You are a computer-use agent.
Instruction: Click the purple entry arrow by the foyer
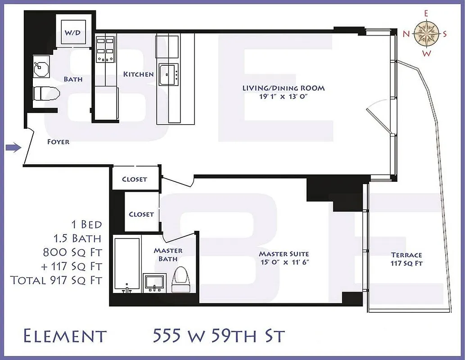[14, 147]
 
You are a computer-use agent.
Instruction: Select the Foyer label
[59, 142]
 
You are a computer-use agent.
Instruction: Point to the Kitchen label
[139, 74]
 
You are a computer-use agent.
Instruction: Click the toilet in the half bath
[46, 94]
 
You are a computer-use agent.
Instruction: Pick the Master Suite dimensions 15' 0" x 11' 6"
[284, 262]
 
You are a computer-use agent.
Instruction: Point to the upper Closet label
[135, 179]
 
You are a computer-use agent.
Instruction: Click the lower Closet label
[141, 214]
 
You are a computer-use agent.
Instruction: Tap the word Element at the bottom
[64, 336]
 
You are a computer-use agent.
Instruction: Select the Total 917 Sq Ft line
[56, 280]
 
